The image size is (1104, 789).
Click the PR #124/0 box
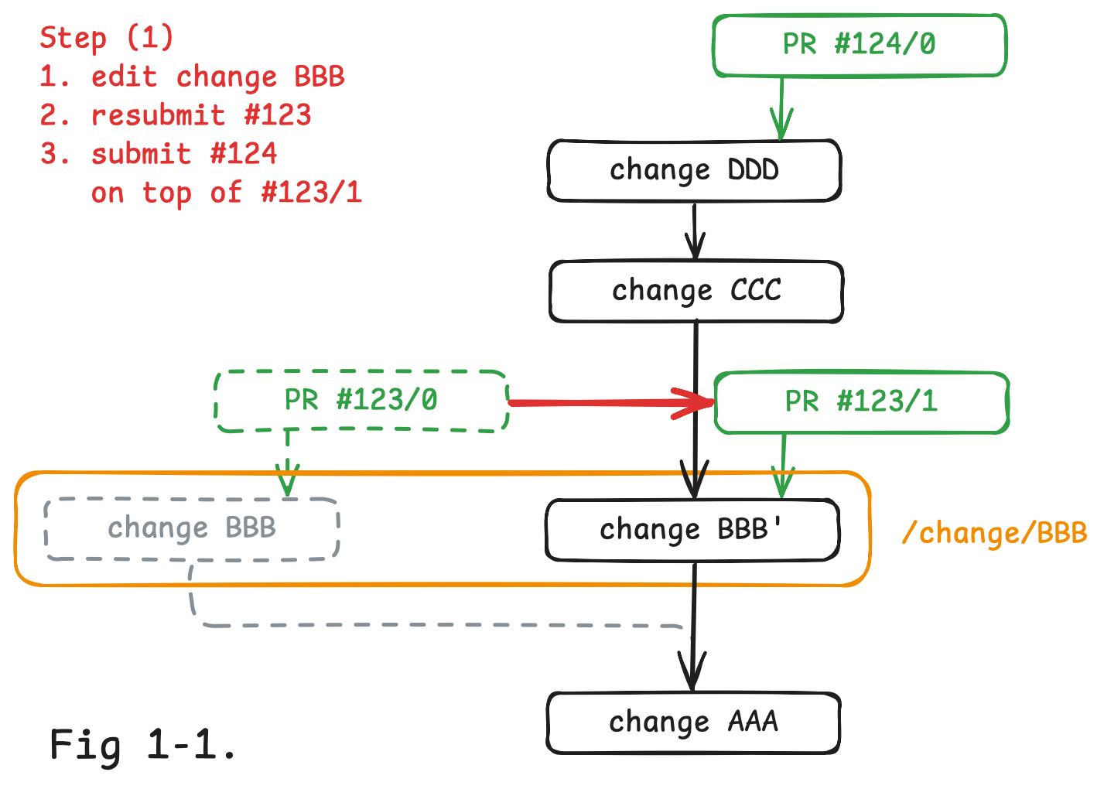click(859, 45)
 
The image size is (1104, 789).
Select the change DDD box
click(694, 170)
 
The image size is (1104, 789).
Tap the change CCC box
click(696, 291)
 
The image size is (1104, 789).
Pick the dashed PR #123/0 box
click(361, 401)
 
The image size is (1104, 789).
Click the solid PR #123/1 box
click(861, 402)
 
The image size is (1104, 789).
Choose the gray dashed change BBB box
click(192, 528)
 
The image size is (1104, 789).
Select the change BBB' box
click(692, 530)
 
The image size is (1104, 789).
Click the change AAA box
click(693, 722)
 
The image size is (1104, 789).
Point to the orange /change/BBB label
click(995, 533)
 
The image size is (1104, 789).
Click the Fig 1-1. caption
click(143, 745)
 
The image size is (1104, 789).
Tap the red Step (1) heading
click(107, 37)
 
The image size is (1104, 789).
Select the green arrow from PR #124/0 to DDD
click(781, 108)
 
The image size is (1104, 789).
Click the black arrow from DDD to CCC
click(695, 231)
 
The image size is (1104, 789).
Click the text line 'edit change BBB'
click(217, 77)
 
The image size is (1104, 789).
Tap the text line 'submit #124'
click(183, 154)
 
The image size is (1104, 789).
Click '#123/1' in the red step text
click(312, 193)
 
